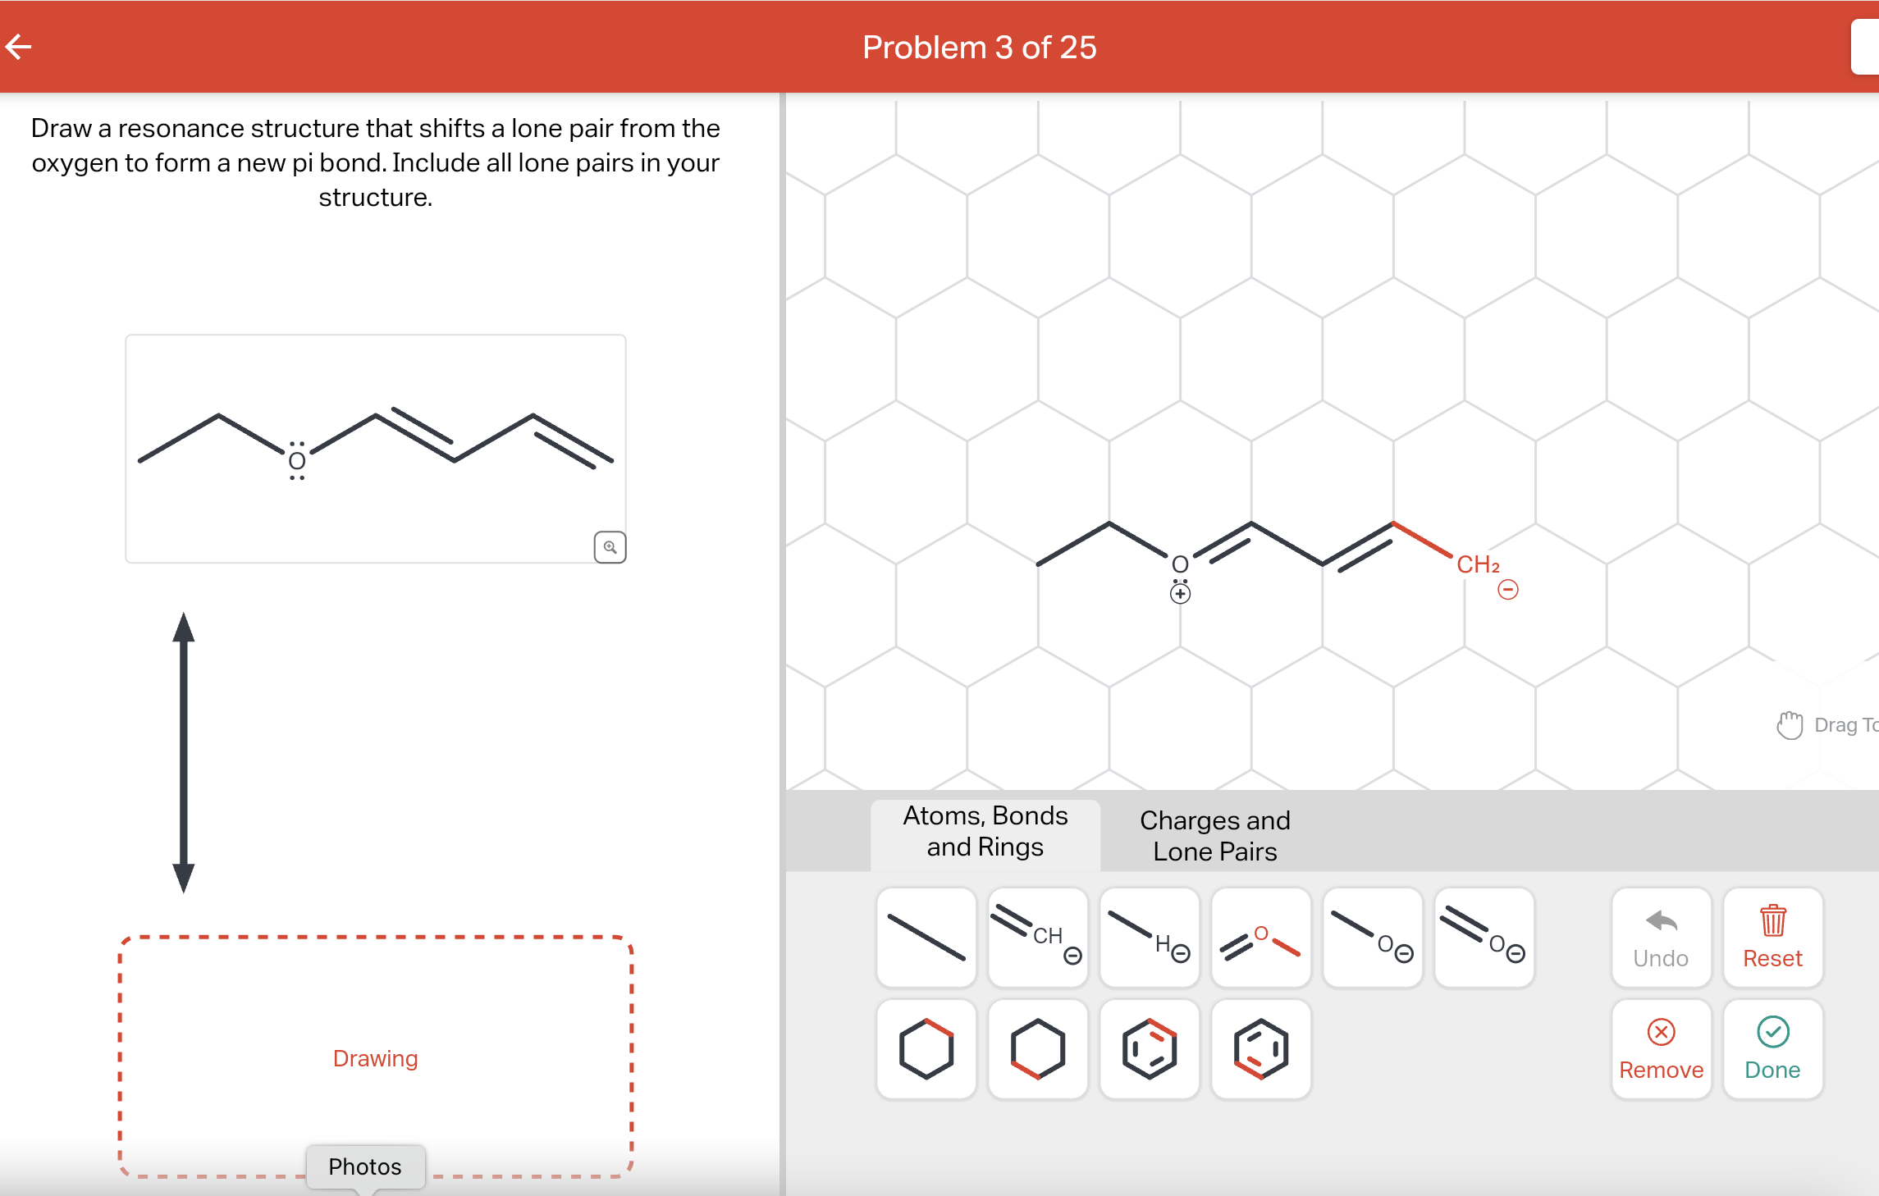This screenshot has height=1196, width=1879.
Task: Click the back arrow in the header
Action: tap(19, 47)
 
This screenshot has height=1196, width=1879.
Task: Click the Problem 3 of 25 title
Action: tap(979, 48)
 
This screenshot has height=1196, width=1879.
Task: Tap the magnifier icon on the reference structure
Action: tap(610, 547)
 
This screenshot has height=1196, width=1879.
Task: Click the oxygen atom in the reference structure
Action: tap(297, 462)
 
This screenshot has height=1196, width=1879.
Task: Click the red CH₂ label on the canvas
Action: tap(1477, 564)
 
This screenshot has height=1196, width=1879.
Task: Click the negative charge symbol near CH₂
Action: tap(1507, 590)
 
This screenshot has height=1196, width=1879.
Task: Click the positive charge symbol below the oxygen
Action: tap(1180, 594)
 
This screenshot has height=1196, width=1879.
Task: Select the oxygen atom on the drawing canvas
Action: tap(1180, 564)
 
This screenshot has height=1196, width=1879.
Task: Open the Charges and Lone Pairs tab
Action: tap(1214, 835)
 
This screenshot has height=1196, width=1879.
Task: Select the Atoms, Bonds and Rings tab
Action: tap(985, 831)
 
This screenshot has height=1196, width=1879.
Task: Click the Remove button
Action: tap(1661, 1049)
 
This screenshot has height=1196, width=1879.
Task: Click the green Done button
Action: tap(1772, 1049)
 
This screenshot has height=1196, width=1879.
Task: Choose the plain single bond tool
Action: tap(926, 938)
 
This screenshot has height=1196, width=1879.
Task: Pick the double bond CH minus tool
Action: tap(1038, 938)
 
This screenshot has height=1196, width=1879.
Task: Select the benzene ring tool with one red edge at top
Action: tap(1150, 1049)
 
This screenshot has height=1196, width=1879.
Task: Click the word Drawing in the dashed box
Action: tap(375, 1058)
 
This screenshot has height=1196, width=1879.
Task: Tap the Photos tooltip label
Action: tap(365, 1166)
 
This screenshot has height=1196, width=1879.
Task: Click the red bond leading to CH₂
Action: tap(1422, 540)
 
